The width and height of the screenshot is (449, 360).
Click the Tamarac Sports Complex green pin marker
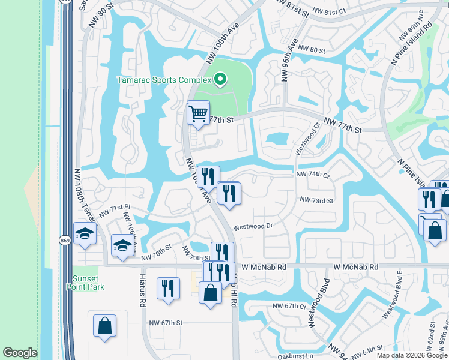[220, 79]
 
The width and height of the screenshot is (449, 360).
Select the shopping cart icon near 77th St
[198, 112]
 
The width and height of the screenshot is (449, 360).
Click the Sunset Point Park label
[89, 283]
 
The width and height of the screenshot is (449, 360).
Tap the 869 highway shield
[64, 240]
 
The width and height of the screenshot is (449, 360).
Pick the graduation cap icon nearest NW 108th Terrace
[85, 234]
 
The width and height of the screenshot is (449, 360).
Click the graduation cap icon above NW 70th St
[122, 245]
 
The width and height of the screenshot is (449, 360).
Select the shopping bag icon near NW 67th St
[104, 326]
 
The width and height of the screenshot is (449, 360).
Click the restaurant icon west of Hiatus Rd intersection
[168, 287]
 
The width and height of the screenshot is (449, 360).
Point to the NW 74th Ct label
[313, 174]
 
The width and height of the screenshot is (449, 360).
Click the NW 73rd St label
[316, 200]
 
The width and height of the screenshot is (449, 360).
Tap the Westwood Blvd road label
[319, 304]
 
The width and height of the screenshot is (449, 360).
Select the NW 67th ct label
[290, 306]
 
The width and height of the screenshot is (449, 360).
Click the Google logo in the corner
[20, 353]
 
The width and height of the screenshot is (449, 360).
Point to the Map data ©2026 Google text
[412, 355]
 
